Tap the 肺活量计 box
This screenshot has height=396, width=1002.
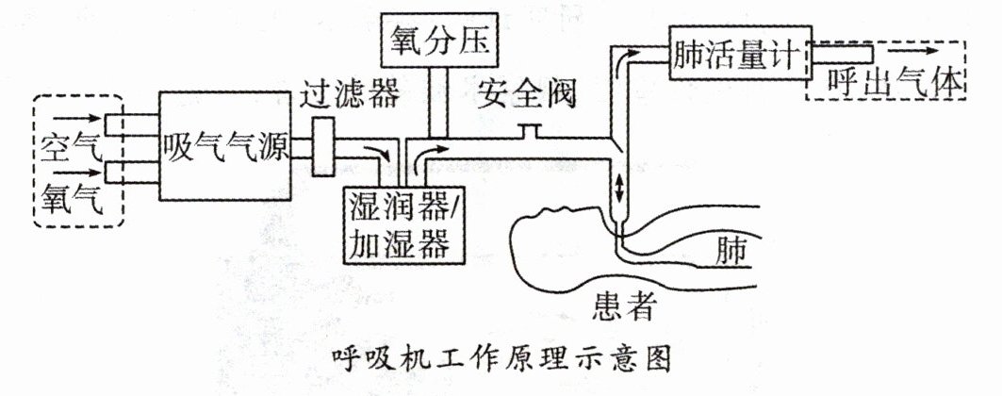pos(740,52)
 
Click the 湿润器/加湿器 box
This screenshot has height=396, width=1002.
pos(403,225)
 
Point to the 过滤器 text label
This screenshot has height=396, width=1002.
pos(351,94)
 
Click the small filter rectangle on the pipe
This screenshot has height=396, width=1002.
pos(323,147)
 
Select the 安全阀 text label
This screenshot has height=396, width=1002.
pos(526,95)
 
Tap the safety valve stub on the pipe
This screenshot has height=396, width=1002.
pos(529,130)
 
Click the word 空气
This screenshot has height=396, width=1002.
pos(70,149)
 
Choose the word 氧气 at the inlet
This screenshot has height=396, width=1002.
pos(70,200)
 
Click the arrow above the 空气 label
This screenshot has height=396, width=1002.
pos(76,118)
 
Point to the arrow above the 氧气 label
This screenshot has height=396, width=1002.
pos(76,173)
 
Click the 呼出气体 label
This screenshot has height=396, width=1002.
pos(895,82)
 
